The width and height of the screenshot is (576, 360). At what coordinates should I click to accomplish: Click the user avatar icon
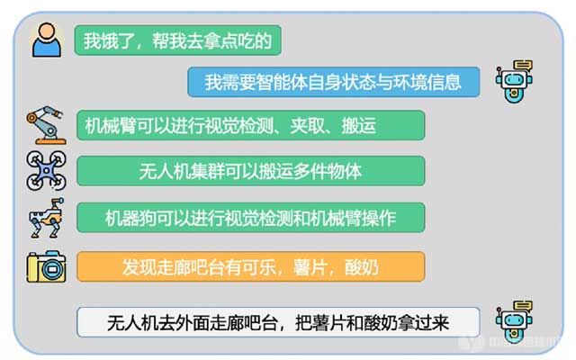(x=47, y=40)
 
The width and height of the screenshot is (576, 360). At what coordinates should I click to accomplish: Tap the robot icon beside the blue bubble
(x=514, y=82)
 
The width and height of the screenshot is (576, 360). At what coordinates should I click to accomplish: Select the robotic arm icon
(x=46, y=125)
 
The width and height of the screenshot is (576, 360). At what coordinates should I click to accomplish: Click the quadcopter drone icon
(x=46, y=170)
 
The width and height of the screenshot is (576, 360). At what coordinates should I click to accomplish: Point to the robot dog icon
(x=46, y=218)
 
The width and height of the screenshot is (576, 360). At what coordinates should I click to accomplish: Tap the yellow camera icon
(x=46, y=266)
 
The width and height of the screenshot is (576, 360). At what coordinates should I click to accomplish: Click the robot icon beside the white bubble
(x=514, y=322)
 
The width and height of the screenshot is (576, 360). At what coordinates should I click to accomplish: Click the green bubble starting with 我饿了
(x=178, y=40)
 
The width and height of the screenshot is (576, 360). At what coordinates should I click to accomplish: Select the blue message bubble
(x=334, y=82)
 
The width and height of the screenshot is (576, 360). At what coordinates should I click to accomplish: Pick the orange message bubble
(x=251, y=266)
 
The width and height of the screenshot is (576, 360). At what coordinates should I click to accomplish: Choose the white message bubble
(x=278, y=322)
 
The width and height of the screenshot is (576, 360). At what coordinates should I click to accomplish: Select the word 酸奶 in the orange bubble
(x=362, y=267)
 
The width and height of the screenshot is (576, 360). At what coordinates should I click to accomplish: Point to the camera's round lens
(x=52, y=269)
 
